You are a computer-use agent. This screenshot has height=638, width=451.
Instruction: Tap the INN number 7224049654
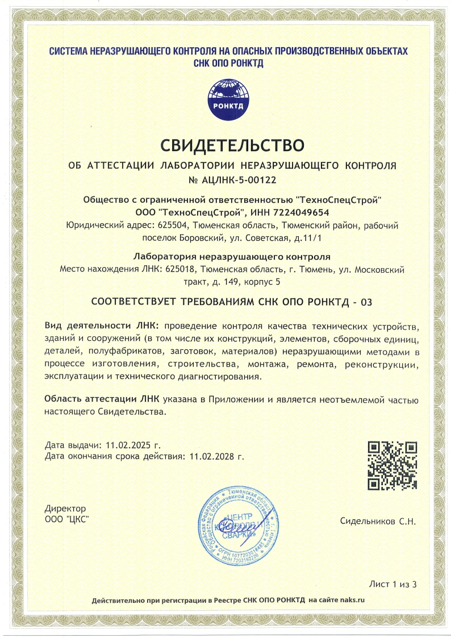pyautogui.click(x=302, y=212)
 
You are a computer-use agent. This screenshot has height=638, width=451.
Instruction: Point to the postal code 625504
pyautogui.click(x=170, y=225)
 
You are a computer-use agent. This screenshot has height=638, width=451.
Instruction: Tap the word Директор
pyautogui.click(x=65, y=508)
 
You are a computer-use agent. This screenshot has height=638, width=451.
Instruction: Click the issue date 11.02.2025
pyautogui.click(x=125, y=445)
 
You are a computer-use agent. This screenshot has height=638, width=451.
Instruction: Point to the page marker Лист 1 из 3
pyautogui.click(x=393, y=583)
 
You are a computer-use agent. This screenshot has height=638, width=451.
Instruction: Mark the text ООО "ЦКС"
pyautogui.click(x=67, y=519)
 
